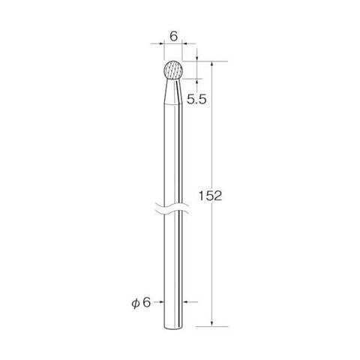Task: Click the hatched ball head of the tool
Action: (x=174, y=70)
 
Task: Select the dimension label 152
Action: (x=210, y=196)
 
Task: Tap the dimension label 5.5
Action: (x=196, y=100)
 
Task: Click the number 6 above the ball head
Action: (x=173, y=37)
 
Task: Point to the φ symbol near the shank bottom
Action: (x=136, y=303)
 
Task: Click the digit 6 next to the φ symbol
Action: (x=147, y=303)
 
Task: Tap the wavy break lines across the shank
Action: (x=172, y=208)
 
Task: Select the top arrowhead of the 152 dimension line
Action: (x=212, y=64)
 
